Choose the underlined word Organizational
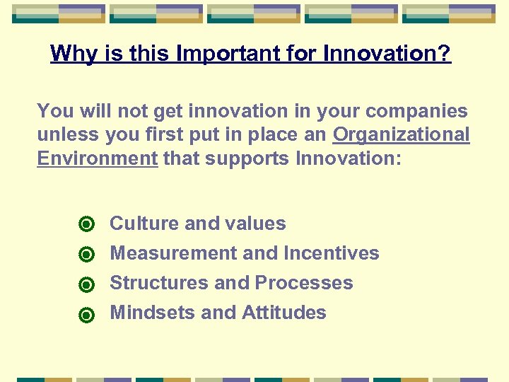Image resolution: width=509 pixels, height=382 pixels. [x=401, y=134]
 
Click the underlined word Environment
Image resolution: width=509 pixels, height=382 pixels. [x=97, y=158]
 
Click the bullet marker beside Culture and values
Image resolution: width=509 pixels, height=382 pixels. [x=86, y=225]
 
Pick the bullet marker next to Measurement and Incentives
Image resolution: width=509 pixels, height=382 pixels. [x=86, y=255]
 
